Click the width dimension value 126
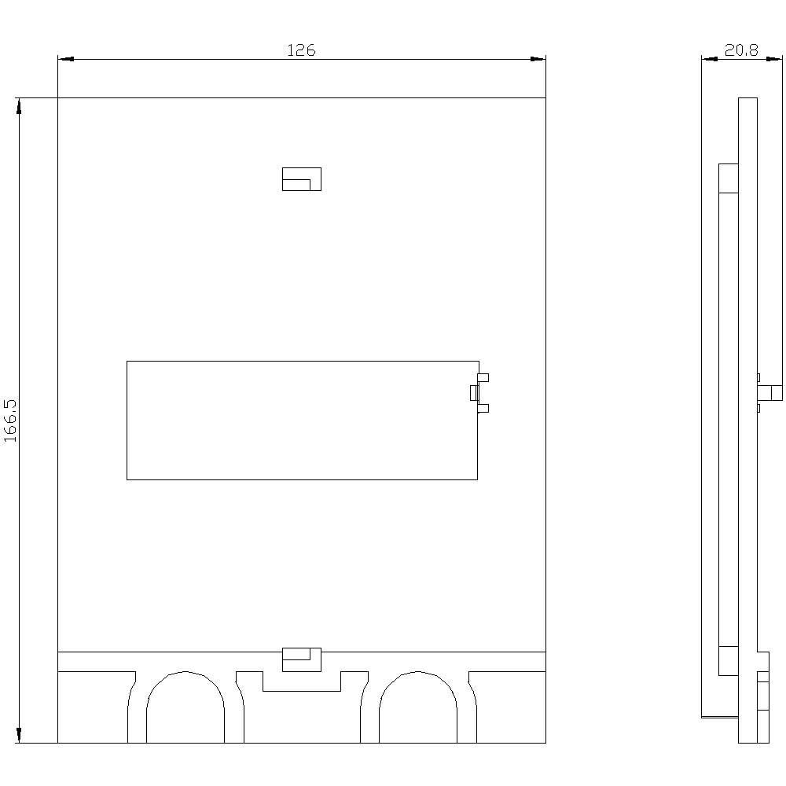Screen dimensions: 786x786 (x=300, y=50)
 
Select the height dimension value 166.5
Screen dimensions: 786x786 (x=11, y=421)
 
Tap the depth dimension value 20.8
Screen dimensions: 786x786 (x=741, y=50)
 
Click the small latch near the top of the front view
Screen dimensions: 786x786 (x=302, y=179)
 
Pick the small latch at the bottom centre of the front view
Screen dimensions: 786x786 (x=302, y=659)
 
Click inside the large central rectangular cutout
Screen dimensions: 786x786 (x=302, y=421)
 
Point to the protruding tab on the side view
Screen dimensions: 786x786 (x=770, y=392)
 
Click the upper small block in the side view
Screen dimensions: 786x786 (x=729, y=178)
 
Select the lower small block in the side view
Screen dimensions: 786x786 (x=729, y=660)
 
